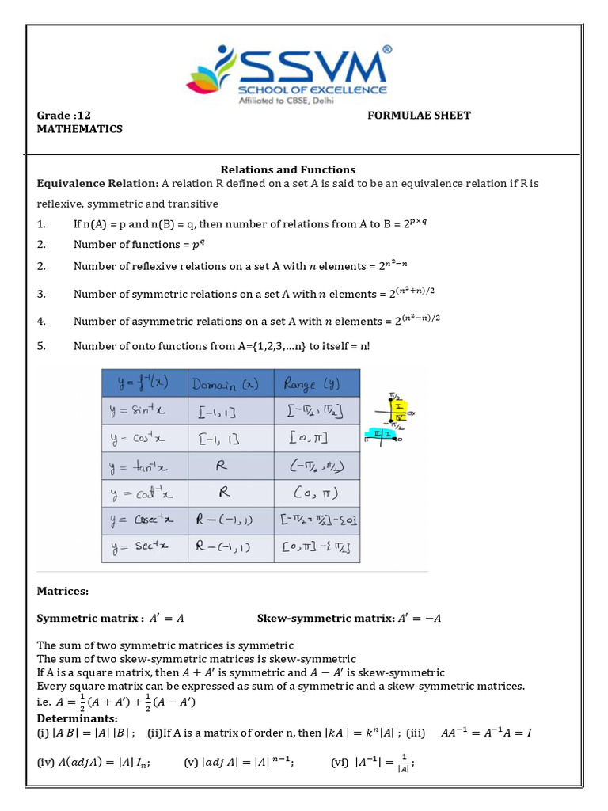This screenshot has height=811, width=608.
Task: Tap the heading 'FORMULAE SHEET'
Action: pyautogui.click(x=419, y=116)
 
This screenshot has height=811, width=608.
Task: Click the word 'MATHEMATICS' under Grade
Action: pyautogui.click(x=80, y=129)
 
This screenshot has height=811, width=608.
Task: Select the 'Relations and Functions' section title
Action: pyautogui.click(x=287, y=169)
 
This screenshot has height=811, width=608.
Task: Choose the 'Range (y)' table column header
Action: pyautogui.click(x=316, y=384)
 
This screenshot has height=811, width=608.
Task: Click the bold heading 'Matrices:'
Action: pyautogui.click(x=63, y=591)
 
